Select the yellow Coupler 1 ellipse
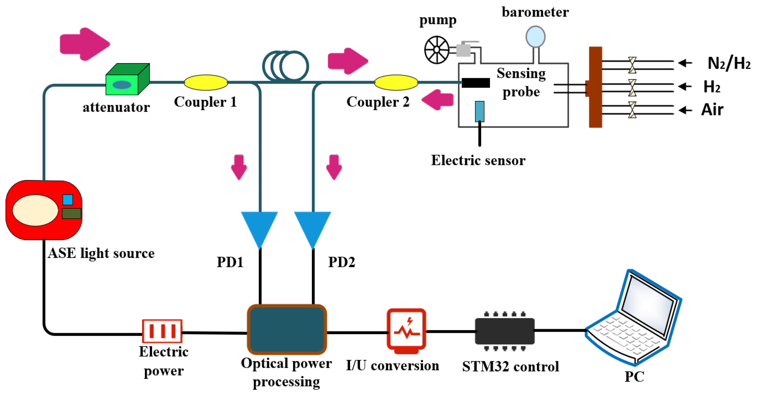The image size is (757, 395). [x=206, y=83]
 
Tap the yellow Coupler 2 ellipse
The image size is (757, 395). [x=396, y=83]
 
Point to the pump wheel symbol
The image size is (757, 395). [x=437, y=50]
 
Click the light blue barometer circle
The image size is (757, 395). [x=535, y=37]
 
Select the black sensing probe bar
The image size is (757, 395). [x=475, y=83]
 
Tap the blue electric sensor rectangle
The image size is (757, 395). [x=480, y=111]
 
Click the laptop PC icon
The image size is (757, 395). [x=635, y=319]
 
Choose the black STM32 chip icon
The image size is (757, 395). [x=505, y=331]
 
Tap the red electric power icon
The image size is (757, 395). [x=162, y=331]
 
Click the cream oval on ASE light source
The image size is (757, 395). [x=35, y=210]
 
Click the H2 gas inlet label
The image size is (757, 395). [x=711, y=87]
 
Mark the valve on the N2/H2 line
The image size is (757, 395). [x=632, y=65]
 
